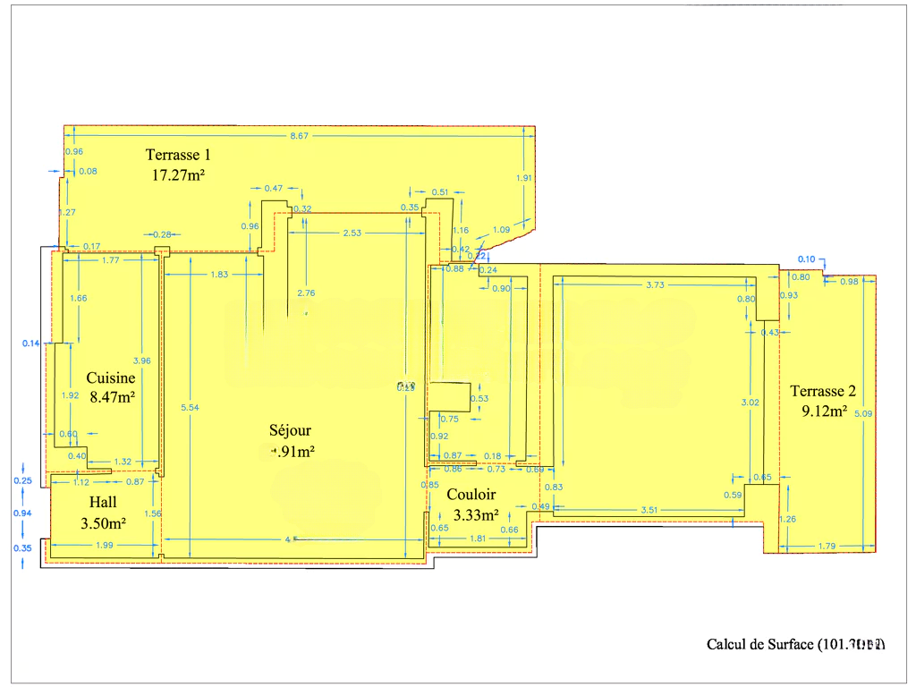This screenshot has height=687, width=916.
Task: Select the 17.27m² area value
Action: coord(178,175)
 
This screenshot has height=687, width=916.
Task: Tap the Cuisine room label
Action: coord(111,378)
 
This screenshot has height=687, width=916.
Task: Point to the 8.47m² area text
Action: coord(112,396)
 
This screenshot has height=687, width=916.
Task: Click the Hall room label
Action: coord(102,503)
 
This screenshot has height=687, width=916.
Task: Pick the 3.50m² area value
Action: coord(103,523)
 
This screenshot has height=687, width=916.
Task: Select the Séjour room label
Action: coord(290,431)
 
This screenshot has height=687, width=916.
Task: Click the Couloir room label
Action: coord(471,494)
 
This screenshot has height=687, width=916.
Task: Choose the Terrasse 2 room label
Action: coord(823,391)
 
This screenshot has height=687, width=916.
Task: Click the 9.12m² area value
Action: coord(824,411)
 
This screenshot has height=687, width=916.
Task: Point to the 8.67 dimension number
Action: coord(299,136)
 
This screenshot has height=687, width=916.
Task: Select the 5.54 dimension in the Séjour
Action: coord(189,408)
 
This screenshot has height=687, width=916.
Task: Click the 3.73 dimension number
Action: coord(656,284)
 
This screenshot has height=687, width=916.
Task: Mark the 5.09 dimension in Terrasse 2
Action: coord(861,414)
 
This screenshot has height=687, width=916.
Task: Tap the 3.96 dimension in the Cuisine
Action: coord(141,360)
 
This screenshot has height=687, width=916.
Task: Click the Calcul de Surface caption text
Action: coord(795,644)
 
